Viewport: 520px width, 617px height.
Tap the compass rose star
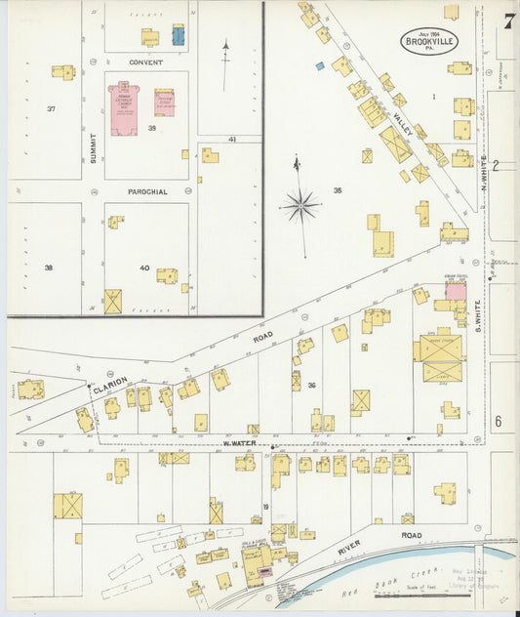pos(300,205)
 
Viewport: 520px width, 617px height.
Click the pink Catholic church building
pos(124,108)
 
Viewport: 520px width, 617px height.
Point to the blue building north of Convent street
pos(179,35)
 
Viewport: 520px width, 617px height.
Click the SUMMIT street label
pos(94,146)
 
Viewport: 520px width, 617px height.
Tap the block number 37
pos(51,108)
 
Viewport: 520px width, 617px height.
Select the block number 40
pos(144,267)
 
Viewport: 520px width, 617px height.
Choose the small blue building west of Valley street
pos(319,65)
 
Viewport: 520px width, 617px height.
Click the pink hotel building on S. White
pos(456,290)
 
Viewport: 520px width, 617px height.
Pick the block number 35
pos(338,190)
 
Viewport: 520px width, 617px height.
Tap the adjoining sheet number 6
pos(497,422)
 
